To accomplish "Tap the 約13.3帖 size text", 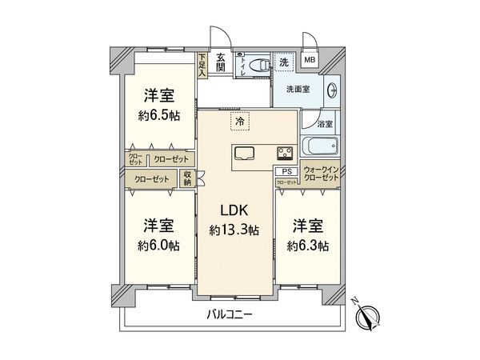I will tap(235, 230).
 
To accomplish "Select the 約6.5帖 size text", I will tap(159, 115).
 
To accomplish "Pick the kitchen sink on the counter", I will tap(243, 154).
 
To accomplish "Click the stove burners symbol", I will tap(285, 153).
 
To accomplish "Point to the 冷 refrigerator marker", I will tap(238, 122).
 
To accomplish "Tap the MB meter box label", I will tap(310, 60).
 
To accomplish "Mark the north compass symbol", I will tap(367, 318).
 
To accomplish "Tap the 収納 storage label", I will tap(187, 179).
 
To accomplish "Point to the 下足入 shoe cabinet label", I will tap(202, 64).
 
